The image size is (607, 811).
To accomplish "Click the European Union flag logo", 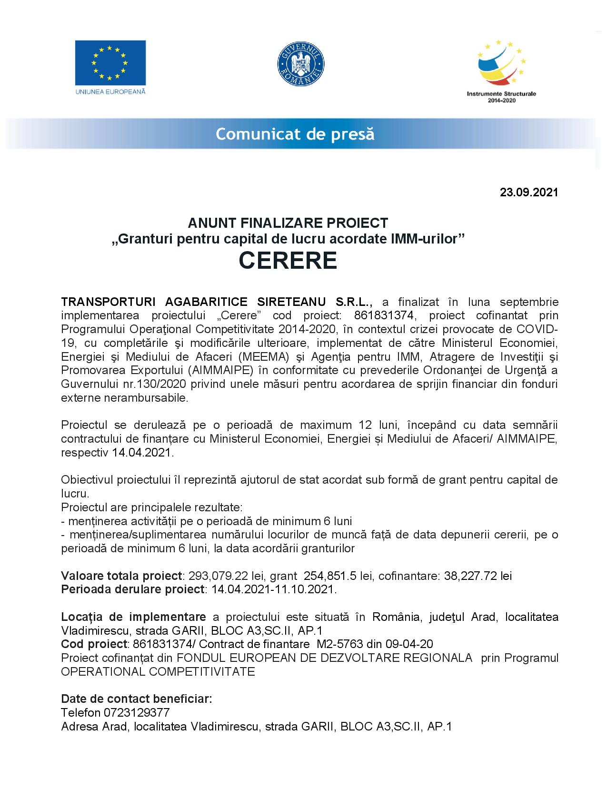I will [x=110, y=62].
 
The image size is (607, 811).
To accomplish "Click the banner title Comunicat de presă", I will [x=295, y=134].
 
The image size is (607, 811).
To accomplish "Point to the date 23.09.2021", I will [x=528, y=193].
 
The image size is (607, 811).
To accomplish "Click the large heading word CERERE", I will [x=288, y=261].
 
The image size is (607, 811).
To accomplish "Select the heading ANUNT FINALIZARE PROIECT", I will [x=288, y=223].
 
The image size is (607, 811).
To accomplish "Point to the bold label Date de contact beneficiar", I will [x=137, y=699].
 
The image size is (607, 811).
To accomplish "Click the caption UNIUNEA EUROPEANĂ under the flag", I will [x=110, y=91].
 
